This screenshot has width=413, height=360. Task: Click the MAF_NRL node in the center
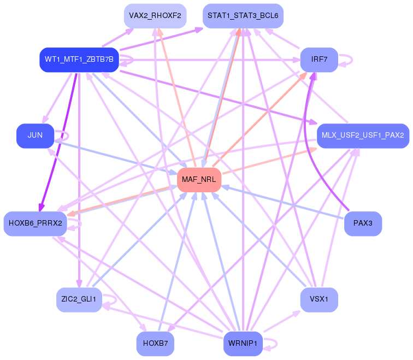coord(199,180)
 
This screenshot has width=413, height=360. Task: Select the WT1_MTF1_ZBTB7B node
coord(79,60)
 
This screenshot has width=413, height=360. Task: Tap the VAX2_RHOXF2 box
coord(155,16)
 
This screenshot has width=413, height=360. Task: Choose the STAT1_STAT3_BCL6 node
coord(243,16)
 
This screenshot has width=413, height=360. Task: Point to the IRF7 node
coord(319,60)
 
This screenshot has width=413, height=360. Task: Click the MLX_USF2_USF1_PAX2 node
coord(363,135)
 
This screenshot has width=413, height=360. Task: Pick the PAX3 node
coord(363,223)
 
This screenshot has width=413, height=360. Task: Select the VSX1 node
coord(319,299)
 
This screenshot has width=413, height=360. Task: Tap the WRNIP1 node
coord(243,344)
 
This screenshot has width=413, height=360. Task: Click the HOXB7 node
coord(155,344)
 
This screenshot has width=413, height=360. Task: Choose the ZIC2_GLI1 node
coord(79,299)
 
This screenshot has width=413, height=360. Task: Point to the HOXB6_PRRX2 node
coord(36,223)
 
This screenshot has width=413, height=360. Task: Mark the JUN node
coord(36,135)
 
